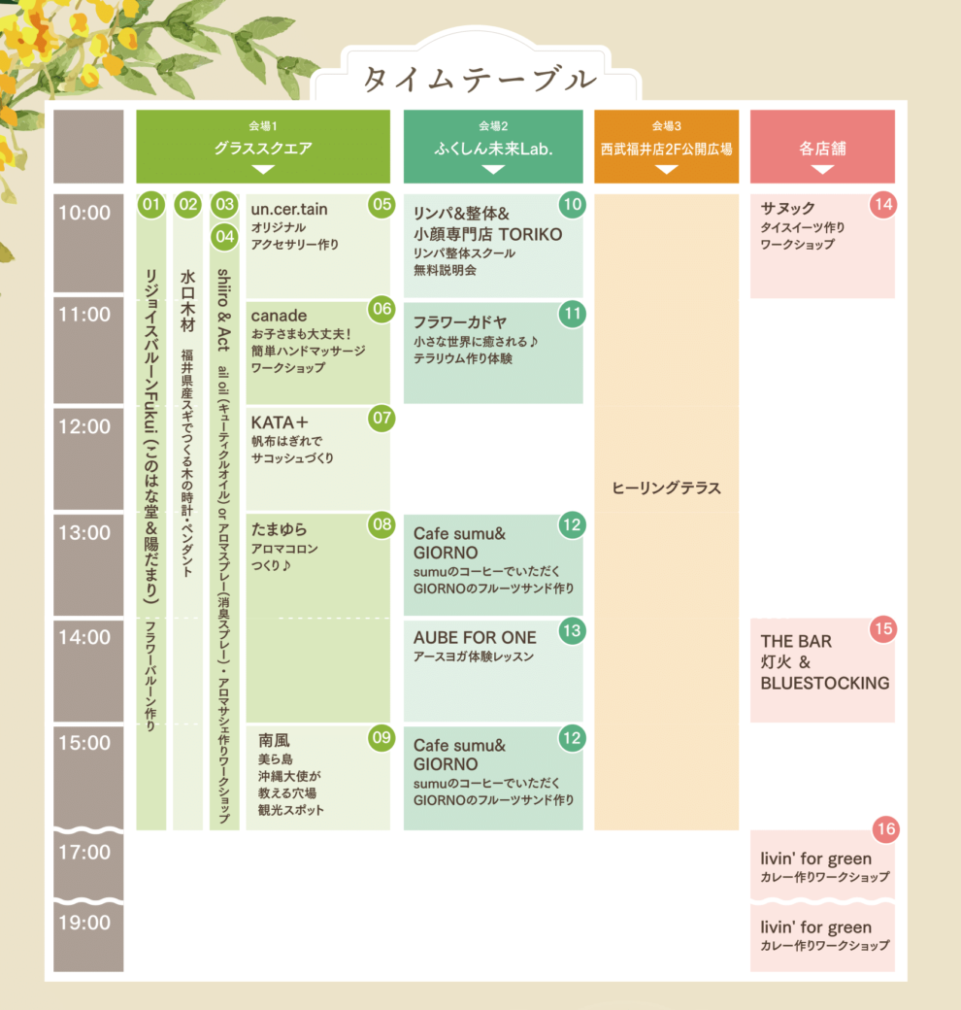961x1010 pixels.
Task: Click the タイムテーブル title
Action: [x=479, y=79]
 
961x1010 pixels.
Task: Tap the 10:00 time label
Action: [x=84, y=213]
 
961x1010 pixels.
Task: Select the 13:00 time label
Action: [x=84, y=532]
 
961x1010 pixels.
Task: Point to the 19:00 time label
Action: [x=84, y=922]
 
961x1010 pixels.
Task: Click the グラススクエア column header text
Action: [x=263, y=149]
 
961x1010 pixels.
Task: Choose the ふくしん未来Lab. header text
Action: [x=493, y=149]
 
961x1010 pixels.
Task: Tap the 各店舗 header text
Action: [x=822, y=149]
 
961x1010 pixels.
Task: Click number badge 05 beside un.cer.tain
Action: [x=381, y=204]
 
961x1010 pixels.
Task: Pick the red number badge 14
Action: [x=882, y=205]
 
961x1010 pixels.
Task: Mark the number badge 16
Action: [x=884, y=829]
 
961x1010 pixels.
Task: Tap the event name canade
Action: [x=279, y=316]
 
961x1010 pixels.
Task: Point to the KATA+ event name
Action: [x=280, y=421]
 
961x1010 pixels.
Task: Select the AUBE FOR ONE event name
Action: [x=475, y=638]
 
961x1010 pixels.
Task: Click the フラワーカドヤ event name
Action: [x=460, y=321]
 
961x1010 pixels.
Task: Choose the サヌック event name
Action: [x=788, y=208]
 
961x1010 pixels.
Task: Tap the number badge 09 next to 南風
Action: [x=381, y=738]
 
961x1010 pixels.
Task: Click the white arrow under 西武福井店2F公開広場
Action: [x=666, y=170]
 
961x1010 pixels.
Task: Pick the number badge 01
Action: [x=149, y=204]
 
